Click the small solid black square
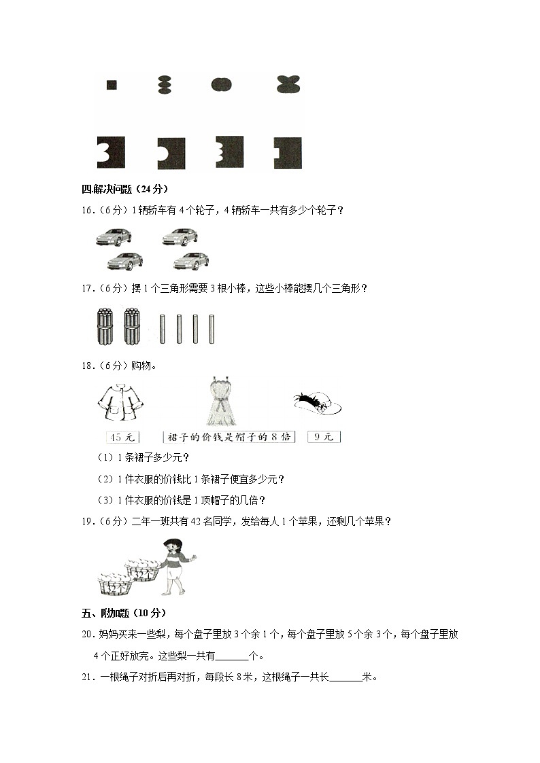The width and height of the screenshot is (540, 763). coord(112,85)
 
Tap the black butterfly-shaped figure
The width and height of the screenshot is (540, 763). coord(289,84)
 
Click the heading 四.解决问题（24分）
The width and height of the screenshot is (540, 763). coord(124,189)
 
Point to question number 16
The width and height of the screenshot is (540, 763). coord(87,211)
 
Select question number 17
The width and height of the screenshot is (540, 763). coord(87,288)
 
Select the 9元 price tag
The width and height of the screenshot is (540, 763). coord(323,437)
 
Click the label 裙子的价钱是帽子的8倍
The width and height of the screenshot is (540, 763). coord(229,437)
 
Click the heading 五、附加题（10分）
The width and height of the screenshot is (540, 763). coord(124,613)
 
